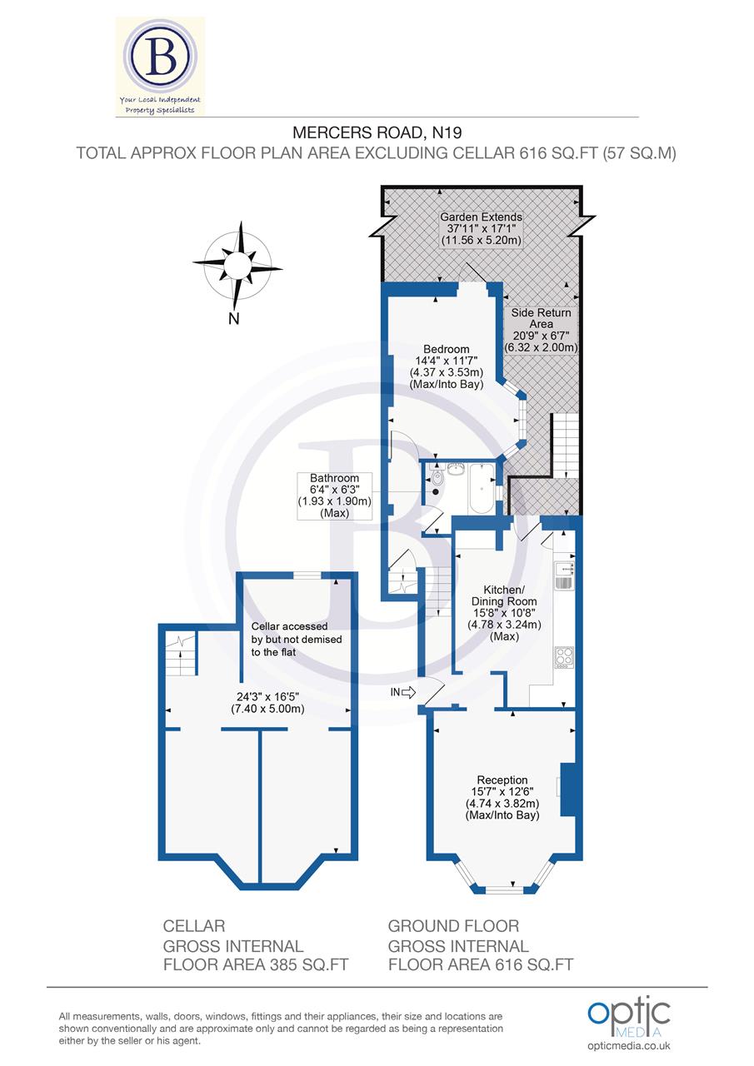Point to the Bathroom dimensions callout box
(x=334, y=496)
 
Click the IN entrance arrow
(x=407, y=691)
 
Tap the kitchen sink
(x=565, y=572)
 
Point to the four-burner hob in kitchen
(x=563, y=657)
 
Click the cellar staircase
(x=180, y=654)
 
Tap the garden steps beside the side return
(x=566, y=445)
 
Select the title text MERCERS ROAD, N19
(x=377, y=132)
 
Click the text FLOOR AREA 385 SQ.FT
(x=255, y=964)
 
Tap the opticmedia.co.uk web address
(x=629, y=1046)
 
